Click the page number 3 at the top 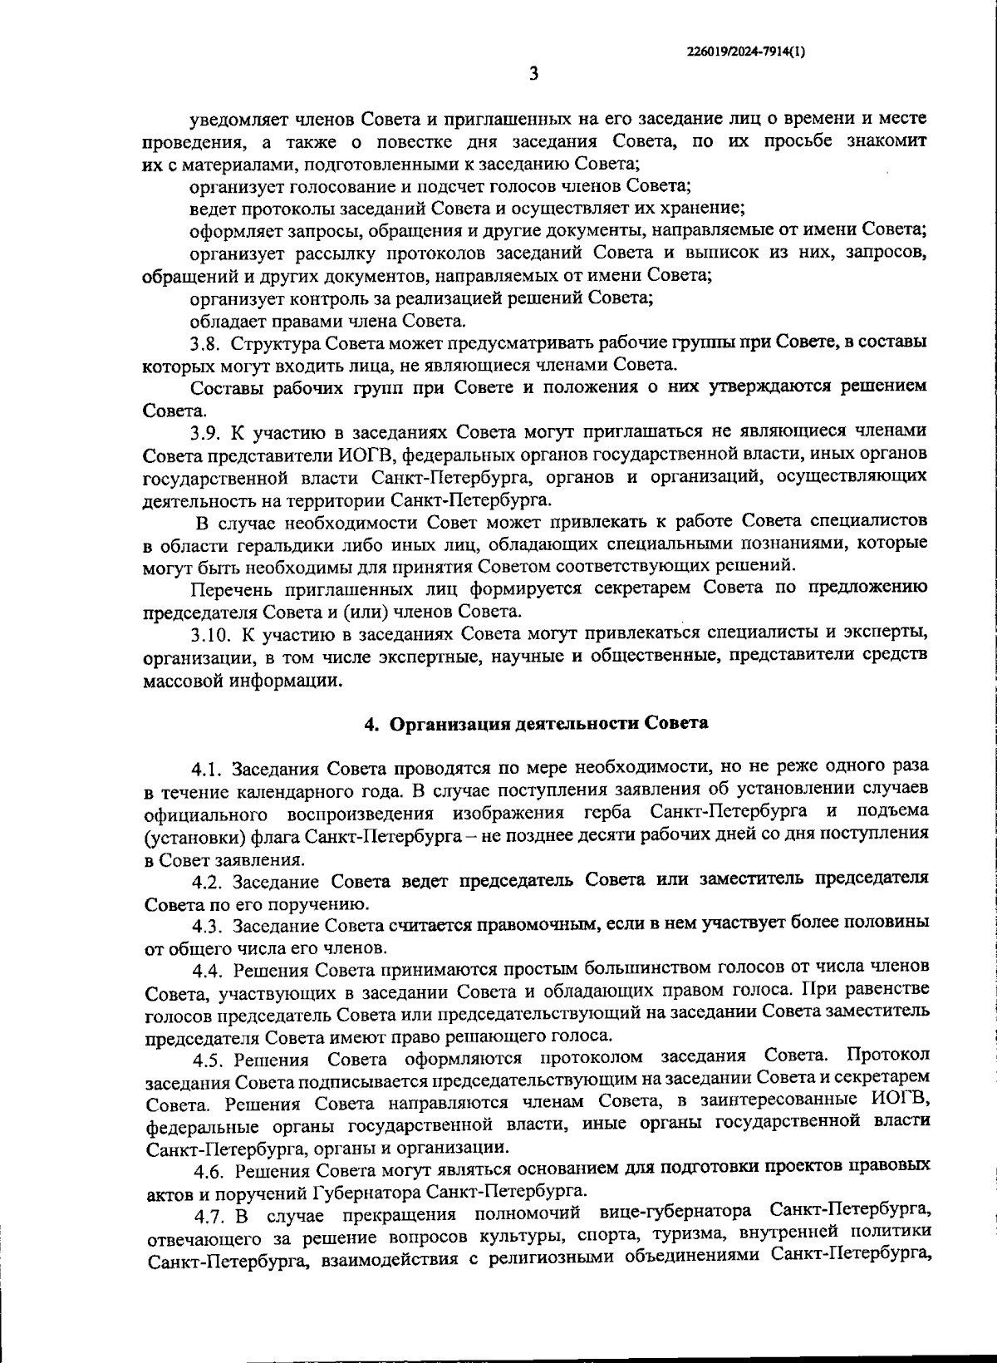click(533, 74)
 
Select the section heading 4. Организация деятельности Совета click(537, 722)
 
